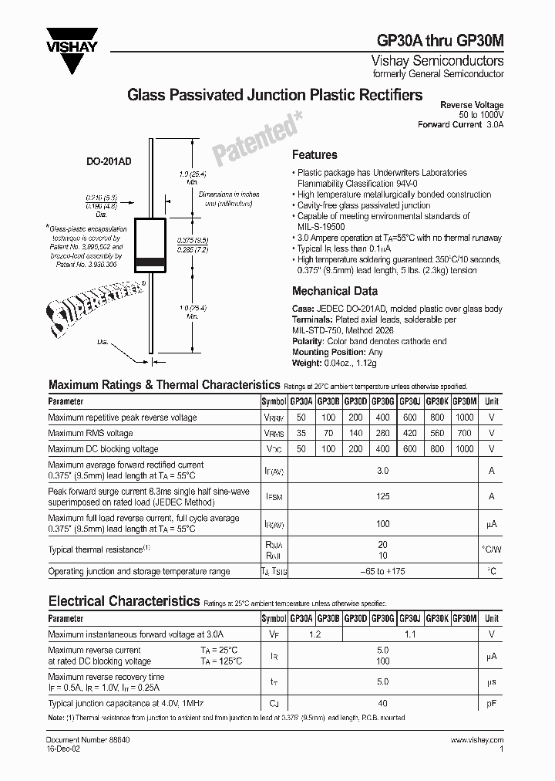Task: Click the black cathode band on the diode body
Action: point(151,267)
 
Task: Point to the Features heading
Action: point(314,155)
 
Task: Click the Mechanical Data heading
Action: point(335,291)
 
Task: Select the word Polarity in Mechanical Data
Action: point(308,340)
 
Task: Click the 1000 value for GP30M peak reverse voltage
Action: point(464,418)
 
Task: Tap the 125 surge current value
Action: point(383,497)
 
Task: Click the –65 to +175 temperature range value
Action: point(383,572)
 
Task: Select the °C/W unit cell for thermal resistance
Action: point(491,549)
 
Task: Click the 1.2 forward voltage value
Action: point(314,634)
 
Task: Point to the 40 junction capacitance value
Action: point(383,703)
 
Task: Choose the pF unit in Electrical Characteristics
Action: point(491,703)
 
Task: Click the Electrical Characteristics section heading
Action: point(124,600)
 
